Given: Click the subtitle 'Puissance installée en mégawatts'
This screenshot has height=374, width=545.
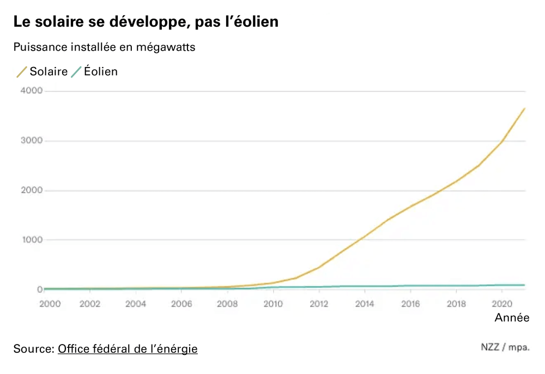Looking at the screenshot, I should tap(105, 47).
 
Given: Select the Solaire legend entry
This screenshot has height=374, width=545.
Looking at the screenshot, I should tap(43, 71).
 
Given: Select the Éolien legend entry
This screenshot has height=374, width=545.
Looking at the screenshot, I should tap(95, 71).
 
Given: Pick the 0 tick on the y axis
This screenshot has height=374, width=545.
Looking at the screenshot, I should tap(40, 289).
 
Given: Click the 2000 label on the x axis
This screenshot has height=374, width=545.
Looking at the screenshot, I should tap(50, 304).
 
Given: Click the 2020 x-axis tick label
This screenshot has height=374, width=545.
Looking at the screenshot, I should tap(501, 304).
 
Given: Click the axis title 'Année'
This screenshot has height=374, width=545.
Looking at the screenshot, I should tap(511, 318).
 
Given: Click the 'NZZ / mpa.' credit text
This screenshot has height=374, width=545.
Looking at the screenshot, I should tap(505, 347).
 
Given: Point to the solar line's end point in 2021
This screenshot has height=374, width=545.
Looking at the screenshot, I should tap(524, 108).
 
